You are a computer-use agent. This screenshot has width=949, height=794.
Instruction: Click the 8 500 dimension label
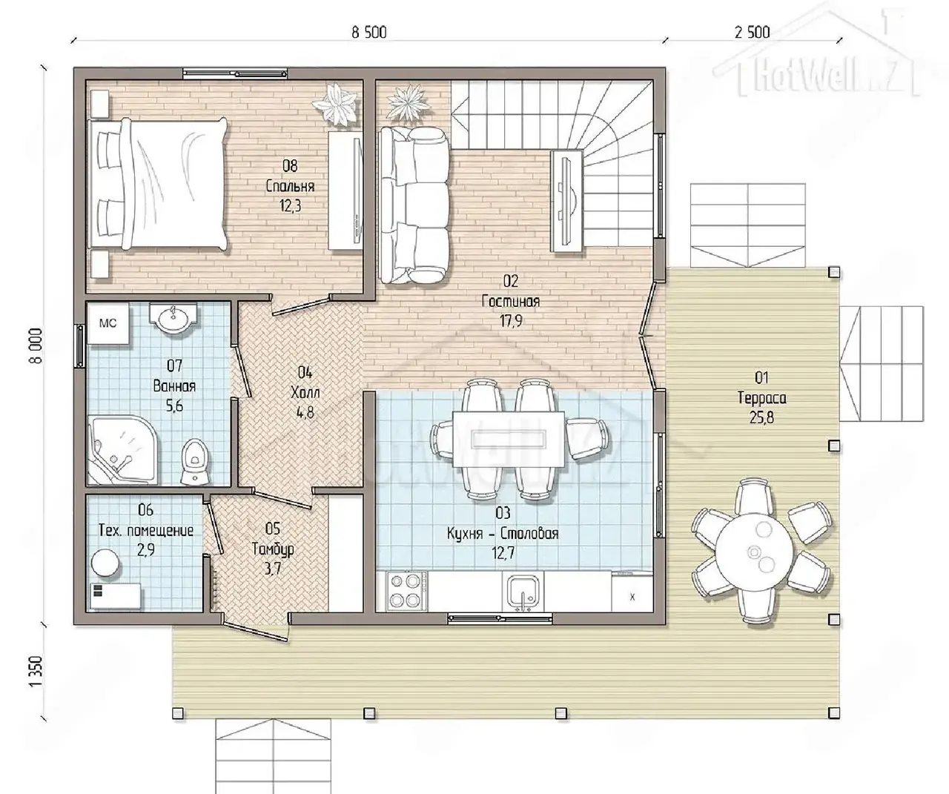click(369, 33)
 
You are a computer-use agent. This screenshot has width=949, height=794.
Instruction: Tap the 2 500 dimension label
click(753, 33)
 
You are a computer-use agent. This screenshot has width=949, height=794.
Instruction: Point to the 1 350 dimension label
click(37, 671)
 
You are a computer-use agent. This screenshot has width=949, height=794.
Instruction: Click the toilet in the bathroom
click(195, 461)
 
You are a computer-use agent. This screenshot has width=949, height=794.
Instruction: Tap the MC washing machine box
click(108, 323)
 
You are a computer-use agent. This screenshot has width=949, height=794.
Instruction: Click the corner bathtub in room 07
click(123, 450)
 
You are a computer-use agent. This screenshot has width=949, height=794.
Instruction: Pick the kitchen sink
click(523, 592)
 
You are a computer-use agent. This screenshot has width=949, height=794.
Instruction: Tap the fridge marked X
click(632, 592)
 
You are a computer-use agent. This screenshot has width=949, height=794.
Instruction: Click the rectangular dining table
click(509, 439)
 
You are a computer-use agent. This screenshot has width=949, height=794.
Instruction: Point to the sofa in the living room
click(414, 205)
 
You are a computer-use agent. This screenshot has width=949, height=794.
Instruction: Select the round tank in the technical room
click(105, 563)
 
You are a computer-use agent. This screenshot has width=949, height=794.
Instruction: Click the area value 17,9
click(511, 321)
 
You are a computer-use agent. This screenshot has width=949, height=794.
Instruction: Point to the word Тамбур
click(273, 549)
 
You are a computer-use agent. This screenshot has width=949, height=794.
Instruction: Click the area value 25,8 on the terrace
click(761, 417)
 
